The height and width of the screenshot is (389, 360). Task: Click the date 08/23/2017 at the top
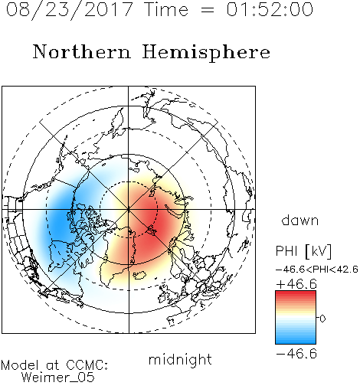(70, 10)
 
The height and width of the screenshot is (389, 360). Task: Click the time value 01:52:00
(270, 9)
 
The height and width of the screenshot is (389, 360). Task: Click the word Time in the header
(166, 9)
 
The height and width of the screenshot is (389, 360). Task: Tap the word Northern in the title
(82, 51)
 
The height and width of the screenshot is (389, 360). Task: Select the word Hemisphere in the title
(206, 53)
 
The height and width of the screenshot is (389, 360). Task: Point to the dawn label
(300, 220)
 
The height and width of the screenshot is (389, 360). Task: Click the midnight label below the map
(180, 360)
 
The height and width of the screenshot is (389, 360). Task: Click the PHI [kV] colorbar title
(303, 251)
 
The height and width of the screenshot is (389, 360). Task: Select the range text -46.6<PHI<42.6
(317, 270)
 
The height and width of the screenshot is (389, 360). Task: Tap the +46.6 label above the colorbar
(296, 284)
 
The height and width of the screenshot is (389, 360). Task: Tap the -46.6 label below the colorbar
(296, 354)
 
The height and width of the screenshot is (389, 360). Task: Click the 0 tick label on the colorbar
(322, 319)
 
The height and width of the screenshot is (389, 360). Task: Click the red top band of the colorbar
(296, 293)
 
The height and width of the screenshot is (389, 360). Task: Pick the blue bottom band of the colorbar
(296, 341)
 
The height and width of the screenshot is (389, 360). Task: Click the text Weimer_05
(58, 378)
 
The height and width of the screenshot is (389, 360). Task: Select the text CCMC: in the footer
(87, 365)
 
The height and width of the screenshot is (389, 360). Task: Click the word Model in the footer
(20, 365)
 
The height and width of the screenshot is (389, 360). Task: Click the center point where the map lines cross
(129, 209)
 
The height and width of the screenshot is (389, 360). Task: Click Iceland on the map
(139, 275)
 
